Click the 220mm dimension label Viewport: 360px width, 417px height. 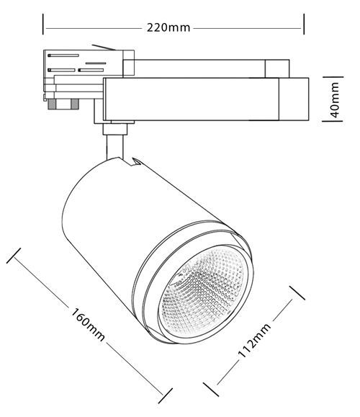[168, 27]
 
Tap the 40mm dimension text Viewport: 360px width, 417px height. [335, 99]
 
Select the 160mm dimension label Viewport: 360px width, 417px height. [88, 324]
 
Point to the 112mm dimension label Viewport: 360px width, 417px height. [254, 341]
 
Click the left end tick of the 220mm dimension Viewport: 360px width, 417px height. [42, 24]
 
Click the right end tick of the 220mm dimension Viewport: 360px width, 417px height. [304, 24]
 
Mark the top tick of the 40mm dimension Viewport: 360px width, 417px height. [333, 77]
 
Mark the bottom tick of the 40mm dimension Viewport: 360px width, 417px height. [333, 121]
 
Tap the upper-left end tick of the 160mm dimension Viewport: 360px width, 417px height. [14, 256]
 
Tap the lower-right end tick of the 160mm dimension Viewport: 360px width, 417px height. [166, 395]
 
